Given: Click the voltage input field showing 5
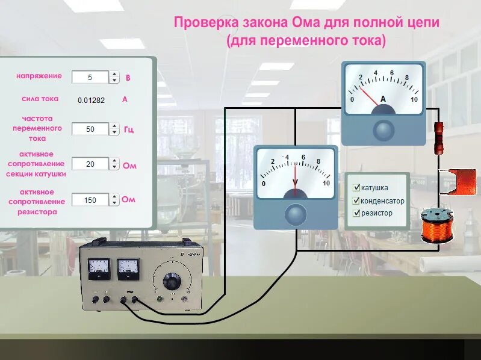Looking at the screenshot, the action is pyautogui.click(x=90, y=77).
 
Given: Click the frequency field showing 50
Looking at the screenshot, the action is pyautogui.click(x=90, y=129).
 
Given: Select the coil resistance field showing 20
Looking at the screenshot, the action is pyautogui.click(x=90, y=164).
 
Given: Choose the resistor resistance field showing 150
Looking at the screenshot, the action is pyautogui.click(x=90, y=200).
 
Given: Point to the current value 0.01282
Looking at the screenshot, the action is pyautogui.click(x=91, y=100).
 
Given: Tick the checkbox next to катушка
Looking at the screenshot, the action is pyautogui.click(x=357, y=188).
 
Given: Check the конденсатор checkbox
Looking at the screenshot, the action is pyautogui.click(x=357, y=200).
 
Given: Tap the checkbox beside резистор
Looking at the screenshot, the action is pyautogui.click(x=357, y=213).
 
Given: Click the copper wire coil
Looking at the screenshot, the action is pyautogui.click(x=437, y=226).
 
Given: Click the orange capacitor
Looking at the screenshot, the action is pyautogui.click(x=457, y=181).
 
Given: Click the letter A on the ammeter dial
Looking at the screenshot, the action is pyautogui.click(x=383, y=98).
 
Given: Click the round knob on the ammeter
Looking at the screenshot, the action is pyautogui.click(x=383, y=129).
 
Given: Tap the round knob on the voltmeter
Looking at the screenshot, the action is pyautogui.click(x=295, y=214).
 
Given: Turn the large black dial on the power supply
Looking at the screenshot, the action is pyautogui.click(x=172, y=281).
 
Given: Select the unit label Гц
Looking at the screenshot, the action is pyautogui.click(x=129, y=129).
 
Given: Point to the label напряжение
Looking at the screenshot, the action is pyautogui.click(x=39, y=76).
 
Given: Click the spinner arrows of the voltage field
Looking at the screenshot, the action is pyautogui.click(x=114, y=77).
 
